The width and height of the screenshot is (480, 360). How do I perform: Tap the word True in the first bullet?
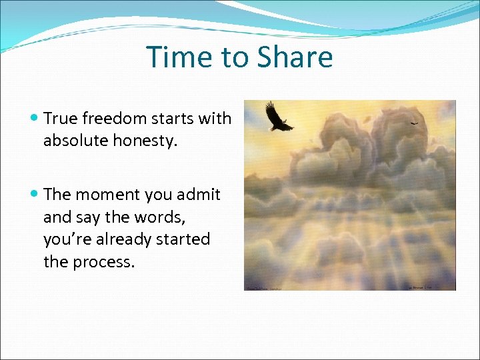61,119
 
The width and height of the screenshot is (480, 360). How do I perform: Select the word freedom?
112,119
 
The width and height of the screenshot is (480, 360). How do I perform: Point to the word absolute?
73,141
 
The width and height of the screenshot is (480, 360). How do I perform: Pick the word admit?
199,195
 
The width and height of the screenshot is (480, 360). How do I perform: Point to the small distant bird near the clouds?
414,123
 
